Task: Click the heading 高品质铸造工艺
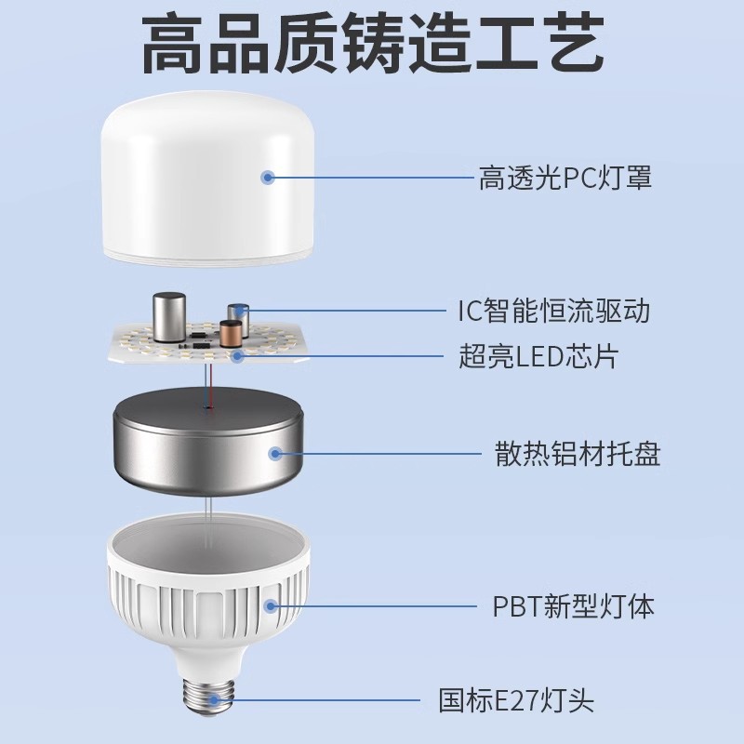[372, 46]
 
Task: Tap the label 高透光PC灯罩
[565, 177]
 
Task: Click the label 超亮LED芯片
[538, 355]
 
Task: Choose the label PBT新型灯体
[573, 607]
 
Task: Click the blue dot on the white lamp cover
[270, 177]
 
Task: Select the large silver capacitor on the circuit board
[169, 318]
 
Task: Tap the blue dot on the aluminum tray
[275, 454]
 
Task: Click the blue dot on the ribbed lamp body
[271, 606]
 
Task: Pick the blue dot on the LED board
[238, 355]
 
